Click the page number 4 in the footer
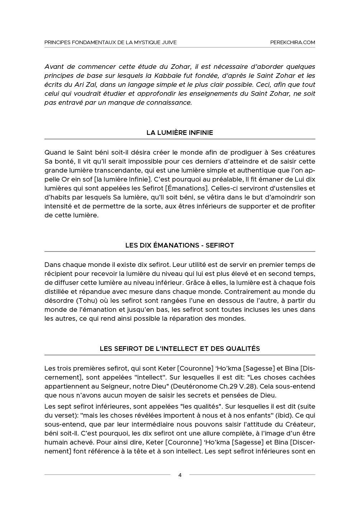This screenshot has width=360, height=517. (180, 475)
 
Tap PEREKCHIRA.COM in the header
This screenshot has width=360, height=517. (293, 42)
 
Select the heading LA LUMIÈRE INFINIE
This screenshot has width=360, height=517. (180, 133)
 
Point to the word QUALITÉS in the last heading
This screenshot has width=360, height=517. (244, 348)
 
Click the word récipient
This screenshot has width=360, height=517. (58, 274)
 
